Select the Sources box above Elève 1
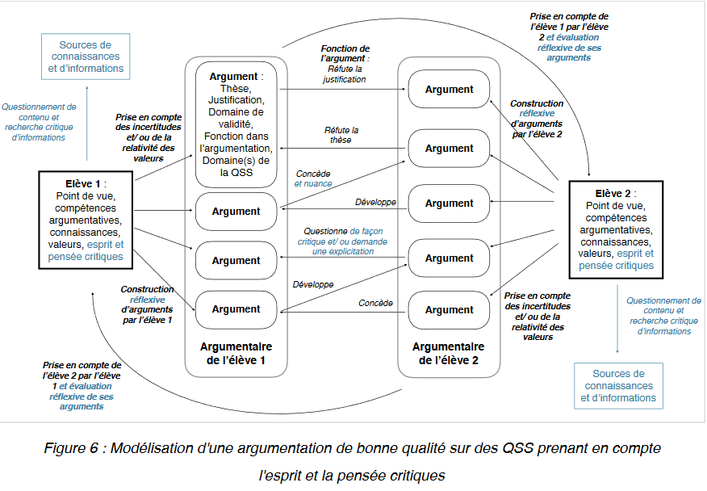click(86, 57)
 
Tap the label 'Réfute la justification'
click(345, 75)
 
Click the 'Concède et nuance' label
click(313, 178)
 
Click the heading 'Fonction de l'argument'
click(345, 53)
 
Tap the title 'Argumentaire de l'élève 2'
click(449, 354)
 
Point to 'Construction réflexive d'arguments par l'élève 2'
click(537, 119)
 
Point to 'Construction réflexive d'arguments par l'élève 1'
click(147, 304)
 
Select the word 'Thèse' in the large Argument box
click(236, 89)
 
